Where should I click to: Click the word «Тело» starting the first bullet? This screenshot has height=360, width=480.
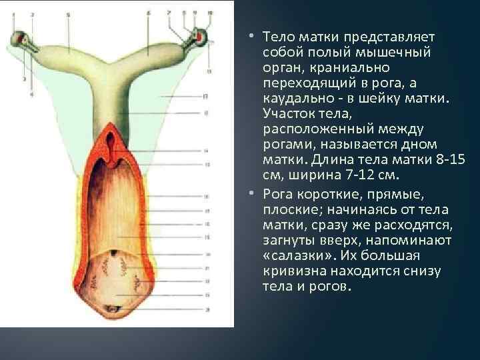pyautogui.click(x=276, y=35)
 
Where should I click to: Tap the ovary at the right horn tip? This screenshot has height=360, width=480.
pyautogui.click(x=199, y=35)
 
